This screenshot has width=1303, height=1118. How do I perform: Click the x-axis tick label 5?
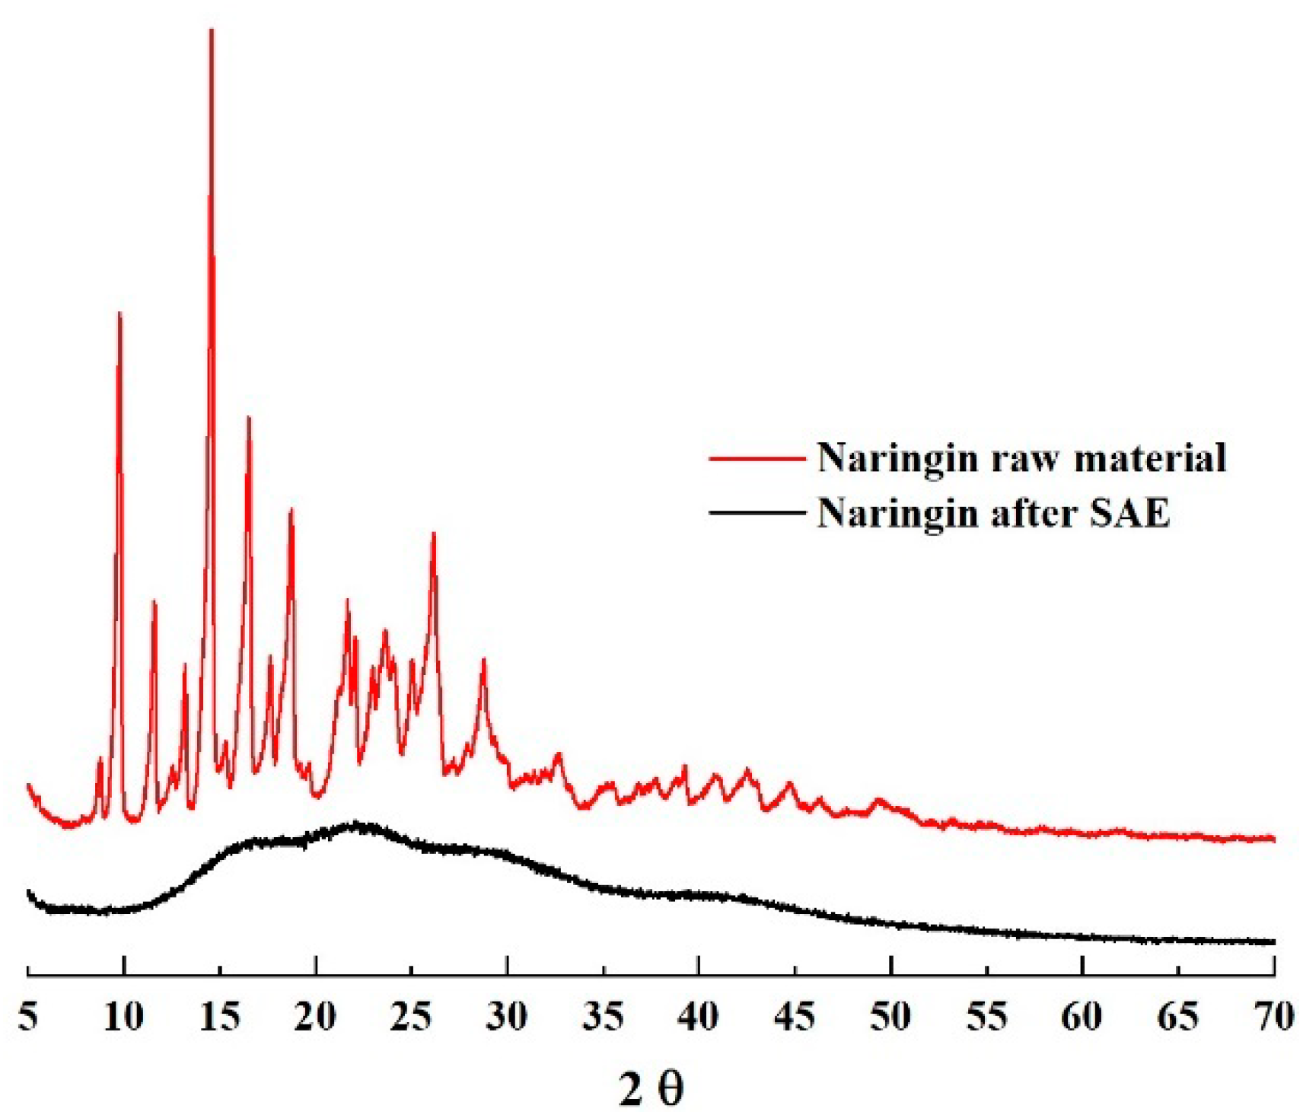(28, 1018)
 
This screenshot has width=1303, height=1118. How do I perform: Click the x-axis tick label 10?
(123, 1018)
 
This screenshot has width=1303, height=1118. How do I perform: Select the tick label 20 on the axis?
(315, 1018)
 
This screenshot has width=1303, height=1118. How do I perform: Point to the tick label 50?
(890, 1018)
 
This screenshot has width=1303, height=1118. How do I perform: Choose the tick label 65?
(1178, 1018)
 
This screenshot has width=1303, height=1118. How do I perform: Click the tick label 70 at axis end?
(1273, 1018)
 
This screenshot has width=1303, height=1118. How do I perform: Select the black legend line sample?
(757, 513)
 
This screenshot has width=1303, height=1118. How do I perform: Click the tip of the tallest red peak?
(212, 30)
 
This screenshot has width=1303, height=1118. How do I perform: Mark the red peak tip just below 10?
(119, 314)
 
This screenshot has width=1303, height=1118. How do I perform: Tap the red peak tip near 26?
(434, 534)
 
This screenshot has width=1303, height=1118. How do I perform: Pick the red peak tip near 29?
(483, 660)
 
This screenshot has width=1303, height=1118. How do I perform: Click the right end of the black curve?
(1273, 942)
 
